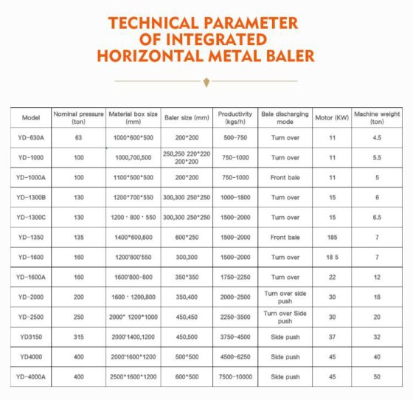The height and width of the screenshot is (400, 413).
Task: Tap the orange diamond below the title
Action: [206, 80]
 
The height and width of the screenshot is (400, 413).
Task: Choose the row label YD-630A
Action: [30, 138]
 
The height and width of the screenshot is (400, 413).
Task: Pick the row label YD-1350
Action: [30, 238]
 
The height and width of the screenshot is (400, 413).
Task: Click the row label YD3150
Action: [30, 337]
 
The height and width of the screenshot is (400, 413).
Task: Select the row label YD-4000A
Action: [30, 376]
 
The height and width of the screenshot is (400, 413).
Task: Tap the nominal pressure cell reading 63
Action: [78, 138]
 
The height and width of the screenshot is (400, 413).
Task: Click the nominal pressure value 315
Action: [78, 337]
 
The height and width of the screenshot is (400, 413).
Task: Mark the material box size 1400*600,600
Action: [133, 238]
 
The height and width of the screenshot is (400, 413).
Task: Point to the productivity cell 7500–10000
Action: [235, 376]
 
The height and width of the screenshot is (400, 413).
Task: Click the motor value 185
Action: [332, 238]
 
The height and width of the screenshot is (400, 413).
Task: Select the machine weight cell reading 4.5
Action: [376, 138]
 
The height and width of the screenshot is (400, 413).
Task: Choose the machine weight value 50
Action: [376, 376]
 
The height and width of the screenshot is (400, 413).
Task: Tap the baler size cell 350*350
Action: [187, 277]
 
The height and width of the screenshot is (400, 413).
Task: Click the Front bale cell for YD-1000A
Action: [285, 178]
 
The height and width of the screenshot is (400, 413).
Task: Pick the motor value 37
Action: [332, 337]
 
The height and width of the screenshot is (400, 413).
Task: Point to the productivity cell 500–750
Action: [235, 138]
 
